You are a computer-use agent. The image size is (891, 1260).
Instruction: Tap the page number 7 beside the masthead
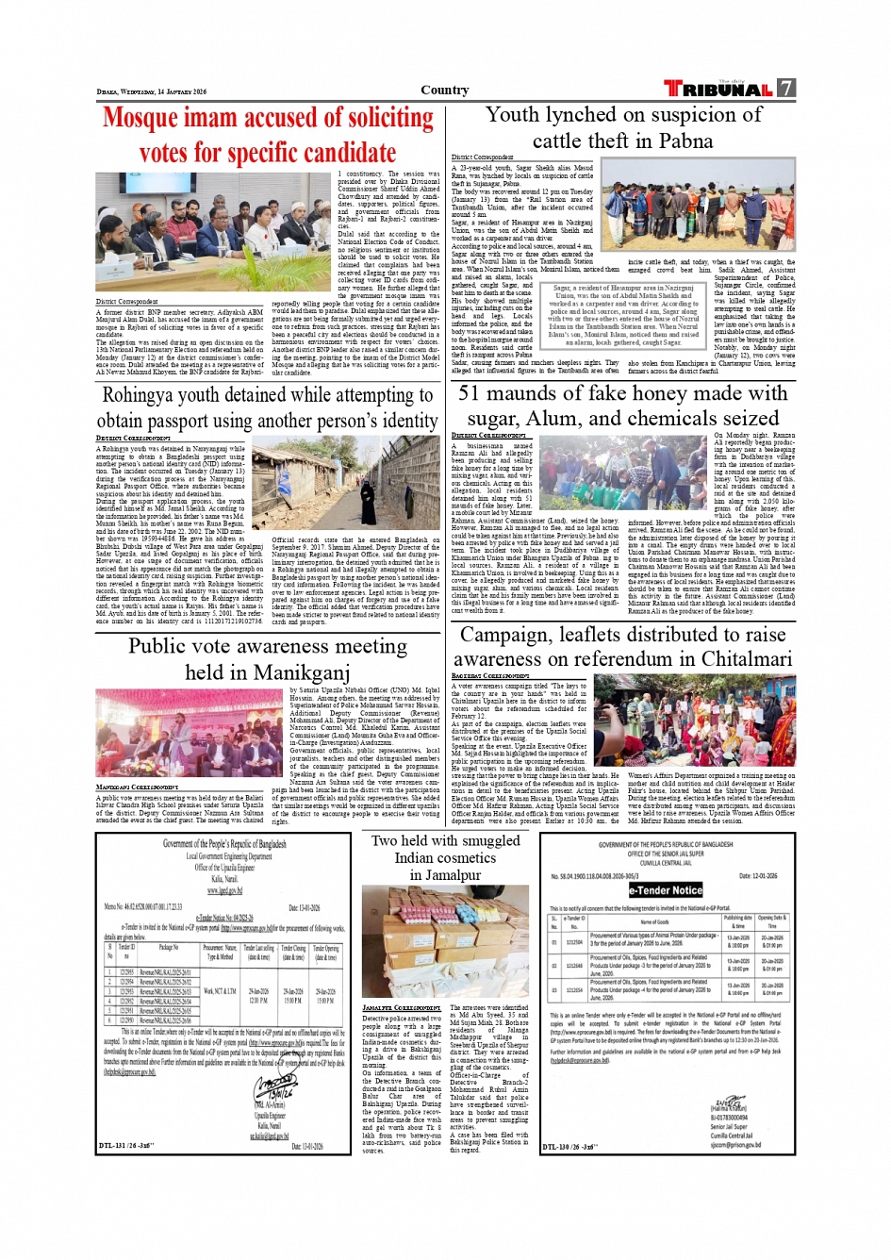tap(785, 89)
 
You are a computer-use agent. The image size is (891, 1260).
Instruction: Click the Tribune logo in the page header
tap(718, 89)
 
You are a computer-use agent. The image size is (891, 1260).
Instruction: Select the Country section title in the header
tap(445, 91)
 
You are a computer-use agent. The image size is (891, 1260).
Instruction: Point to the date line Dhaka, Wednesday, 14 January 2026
tap(151, 92)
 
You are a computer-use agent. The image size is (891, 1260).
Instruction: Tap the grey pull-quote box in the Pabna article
tap(623, 315)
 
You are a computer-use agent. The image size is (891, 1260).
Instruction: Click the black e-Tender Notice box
tap(666, 889)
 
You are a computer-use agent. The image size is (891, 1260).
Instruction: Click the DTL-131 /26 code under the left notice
tap(126, 1146)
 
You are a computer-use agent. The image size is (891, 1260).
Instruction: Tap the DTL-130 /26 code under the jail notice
tap(569, 1147)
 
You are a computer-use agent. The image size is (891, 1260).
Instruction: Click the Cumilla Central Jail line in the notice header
tap(665, 863)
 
